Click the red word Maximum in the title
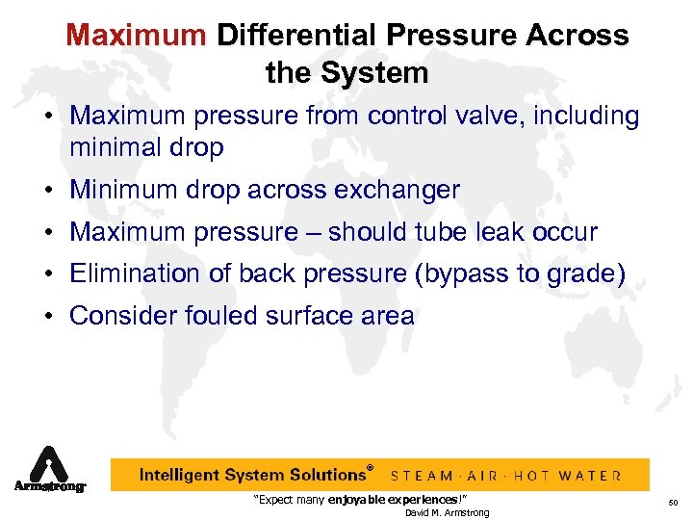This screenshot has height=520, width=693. coord(136,37)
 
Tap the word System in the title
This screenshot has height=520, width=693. coord(376,72)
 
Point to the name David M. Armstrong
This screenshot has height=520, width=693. coord(447,512)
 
